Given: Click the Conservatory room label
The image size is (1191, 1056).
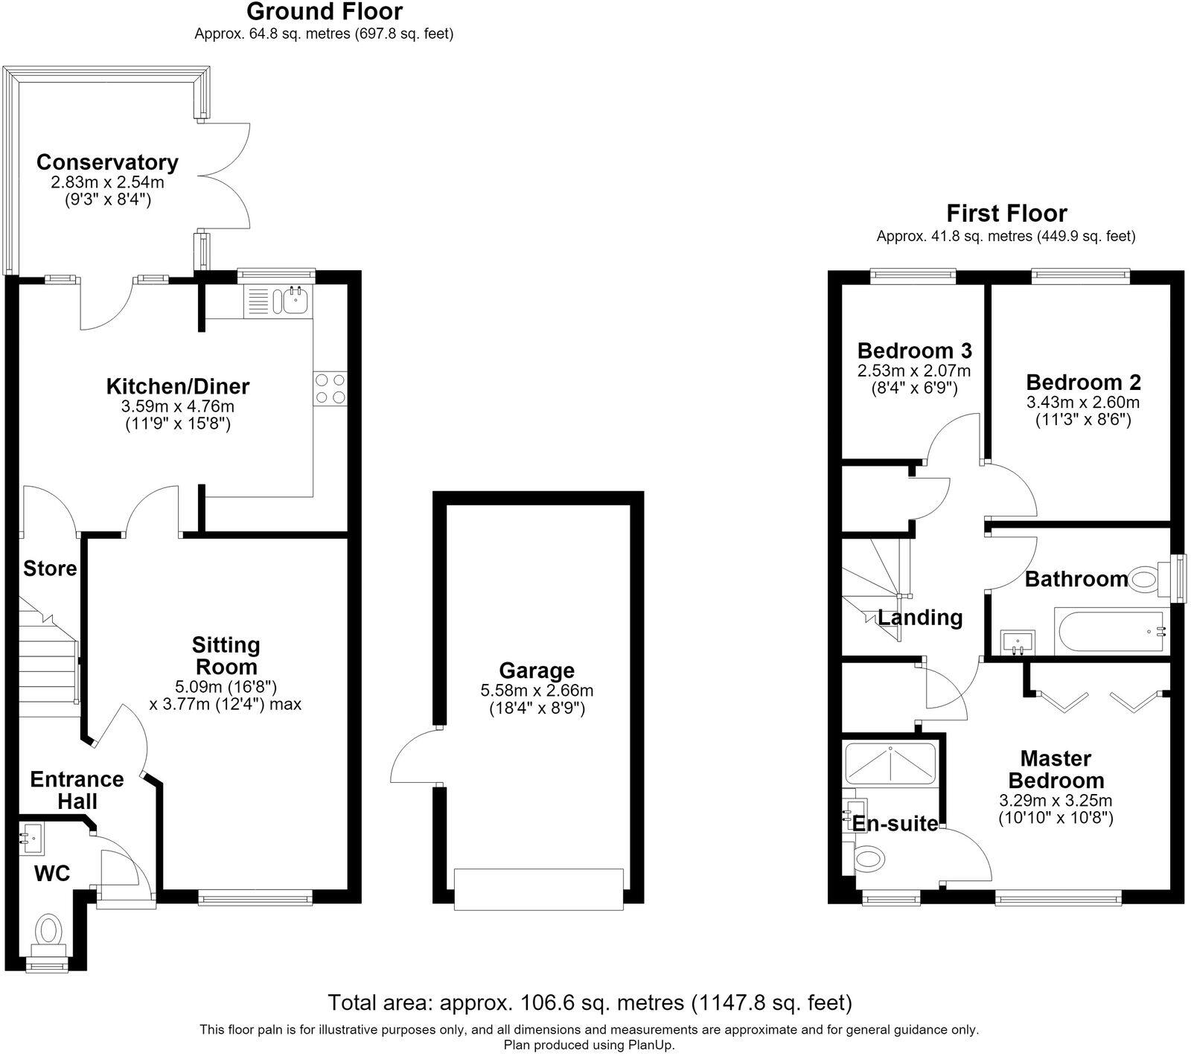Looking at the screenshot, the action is (x=107, y=162).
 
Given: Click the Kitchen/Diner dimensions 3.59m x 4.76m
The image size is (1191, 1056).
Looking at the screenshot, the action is (x=178, y=406).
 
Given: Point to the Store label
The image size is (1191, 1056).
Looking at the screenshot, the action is (x=50, y=569).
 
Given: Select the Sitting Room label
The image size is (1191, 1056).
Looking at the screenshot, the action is (x=226, y=656).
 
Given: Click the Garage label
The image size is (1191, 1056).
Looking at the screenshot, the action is (x=537, y=671).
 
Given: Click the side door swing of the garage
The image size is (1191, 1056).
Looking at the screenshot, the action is (x=414, y=755).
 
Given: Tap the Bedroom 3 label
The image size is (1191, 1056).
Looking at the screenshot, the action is (x=914, y=351).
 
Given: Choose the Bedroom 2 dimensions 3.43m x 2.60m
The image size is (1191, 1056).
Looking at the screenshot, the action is (x=1083, y=403).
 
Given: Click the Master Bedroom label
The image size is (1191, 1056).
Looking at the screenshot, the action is (x=1056, y=769).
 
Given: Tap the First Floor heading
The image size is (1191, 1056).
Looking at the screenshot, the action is (x=1006, y=214).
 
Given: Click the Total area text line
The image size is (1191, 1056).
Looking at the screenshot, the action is (x=590, y=1002).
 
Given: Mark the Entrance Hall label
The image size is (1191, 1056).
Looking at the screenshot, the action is (x=77, y=790).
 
